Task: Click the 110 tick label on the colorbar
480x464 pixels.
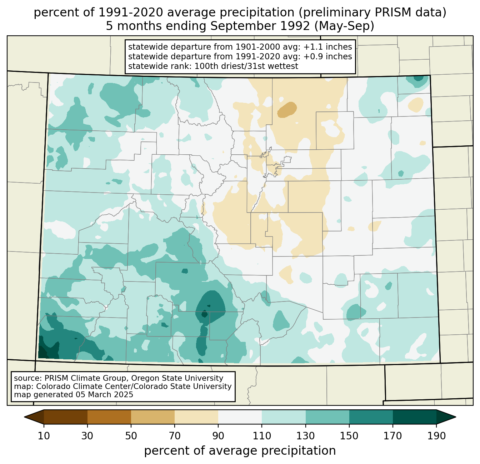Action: [x=262, y=436]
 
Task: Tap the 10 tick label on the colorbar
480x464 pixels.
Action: [x=44, y=436]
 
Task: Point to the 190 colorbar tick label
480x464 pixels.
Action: [x=436, y=436]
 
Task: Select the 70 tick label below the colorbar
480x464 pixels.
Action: [x=175, y=436]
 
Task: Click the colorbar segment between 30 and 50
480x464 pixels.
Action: [x=109, y=417]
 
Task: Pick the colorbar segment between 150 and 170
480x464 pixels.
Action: [x=371, y=417]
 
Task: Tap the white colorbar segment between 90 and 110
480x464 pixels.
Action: [x=240, y=417]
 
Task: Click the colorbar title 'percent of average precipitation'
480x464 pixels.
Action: [x=240, y=451]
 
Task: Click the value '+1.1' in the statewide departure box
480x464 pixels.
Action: [x=312, y=47]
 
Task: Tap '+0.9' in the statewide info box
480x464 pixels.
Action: [x=312, y=56]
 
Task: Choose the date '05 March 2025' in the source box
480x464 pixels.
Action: [x=104, y=395]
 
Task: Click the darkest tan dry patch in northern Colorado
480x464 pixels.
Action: [x=287, y=109]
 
